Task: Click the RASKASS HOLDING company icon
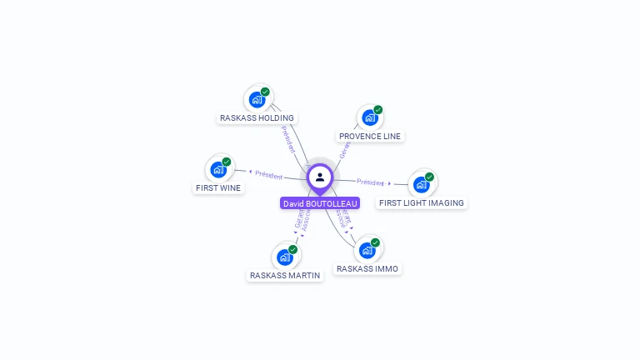pos(257,99)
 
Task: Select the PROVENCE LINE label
pos(370,136)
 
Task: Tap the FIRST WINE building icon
pos(218,169)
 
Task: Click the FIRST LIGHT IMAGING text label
pos(421,202)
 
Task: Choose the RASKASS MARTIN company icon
pos(285,257)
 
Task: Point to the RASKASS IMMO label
pos(367,268)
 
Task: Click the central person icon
pos(320,177)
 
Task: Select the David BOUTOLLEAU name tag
pos(320,203)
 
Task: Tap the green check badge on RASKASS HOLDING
pos(265,92)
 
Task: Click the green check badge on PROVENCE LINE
pos(377,110)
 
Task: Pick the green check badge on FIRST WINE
pos(227,162)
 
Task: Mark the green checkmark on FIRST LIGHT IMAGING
pos(429,177)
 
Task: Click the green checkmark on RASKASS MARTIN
pos(293,249)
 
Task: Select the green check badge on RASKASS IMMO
pos(375,242)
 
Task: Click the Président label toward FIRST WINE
pos(269,175)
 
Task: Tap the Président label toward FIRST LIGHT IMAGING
pos(370,182)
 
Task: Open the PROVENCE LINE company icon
pos(369,117)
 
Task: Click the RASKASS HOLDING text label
pos(257,117)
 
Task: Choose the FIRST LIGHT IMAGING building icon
pos(421,184)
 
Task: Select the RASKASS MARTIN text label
pos(285,275)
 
